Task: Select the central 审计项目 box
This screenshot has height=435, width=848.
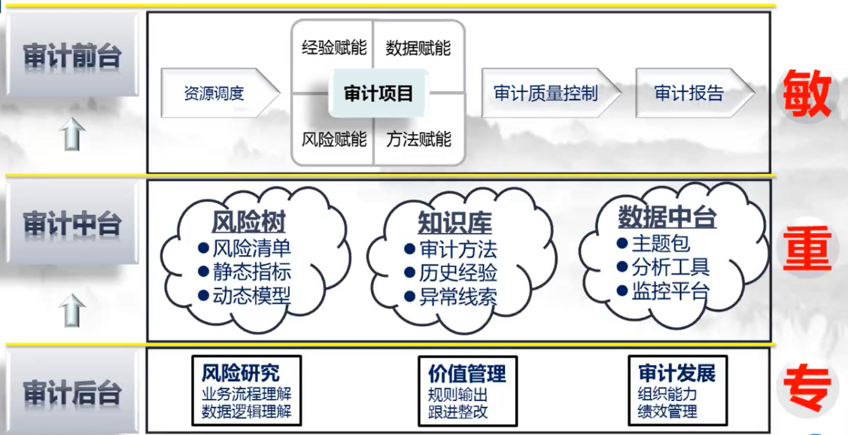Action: pyautogui.click(x=378, y=93)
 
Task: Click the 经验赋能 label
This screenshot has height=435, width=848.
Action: pyautogui.click(x=334, y=47)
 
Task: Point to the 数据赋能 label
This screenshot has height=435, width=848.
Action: pyautogui.click(x=418, y=48)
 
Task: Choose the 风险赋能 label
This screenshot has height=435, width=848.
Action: pyautogui.click(x=334, y=139)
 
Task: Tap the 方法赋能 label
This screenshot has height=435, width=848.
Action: pyautogui.click(x=418, y=139)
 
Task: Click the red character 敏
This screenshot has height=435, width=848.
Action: pyautogui.click(x=807, y=93)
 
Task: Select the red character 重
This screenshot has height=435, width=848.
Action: pyautogui.click(x=807, y=249)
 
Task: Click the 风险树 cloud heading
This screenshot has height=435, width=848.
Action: pyautogui.click(x=248, y=222)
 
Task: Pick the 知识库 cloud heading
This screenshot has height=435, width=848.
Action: pyautogui.click(x=454, y=222)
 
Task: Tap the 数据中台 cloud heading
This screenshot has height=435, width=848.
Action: pyautogui.click(x=667, y=217)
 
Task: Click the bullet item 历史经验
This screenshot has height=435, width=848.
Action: pyautogui.click(x=458, y=273)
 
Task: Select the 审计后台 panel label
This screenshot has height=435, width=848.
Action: pyautogui.click(x=72, y=392)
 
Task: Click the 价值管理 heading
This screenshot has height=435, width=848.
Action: pyautogui.click(x=467, y=373)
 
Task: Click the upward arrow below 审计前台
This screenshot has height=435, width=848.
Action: pyautogui.click(x=72, y=134)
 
